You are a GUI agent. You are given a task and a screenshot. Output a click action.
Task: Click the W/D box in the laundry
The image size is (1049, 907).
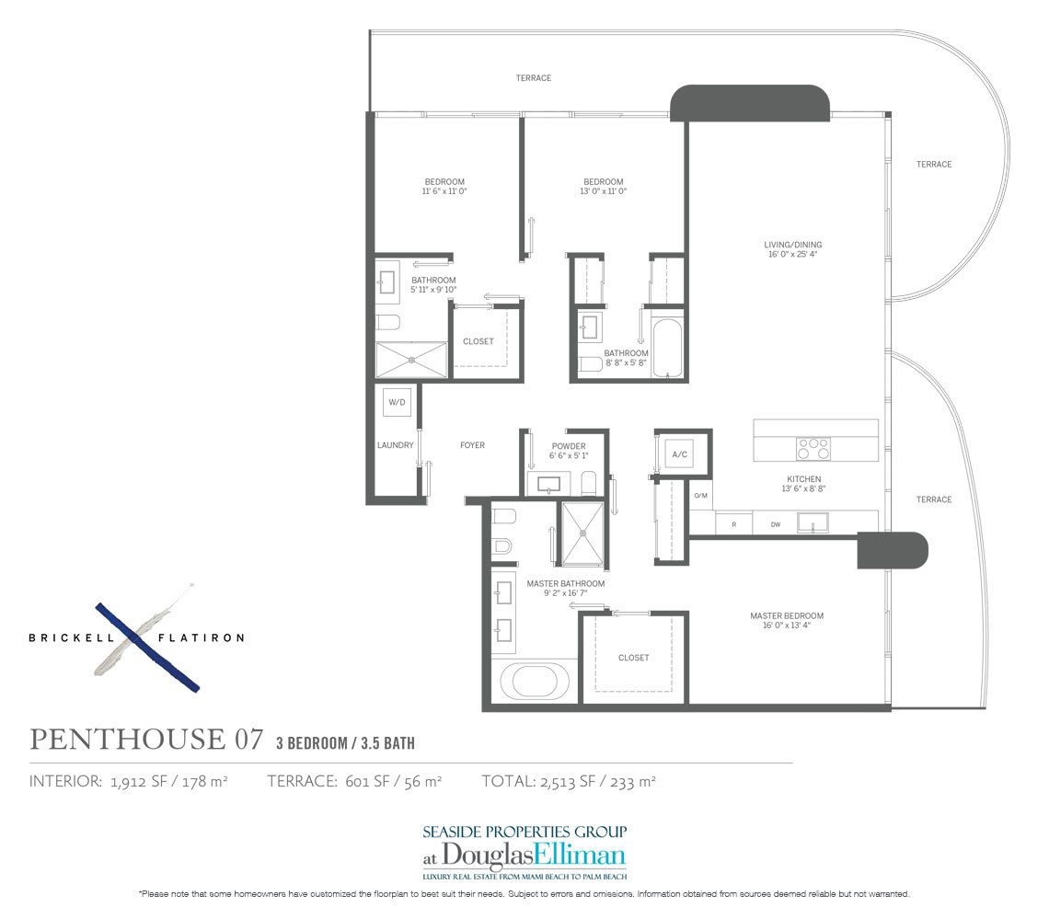(x=397, y=401)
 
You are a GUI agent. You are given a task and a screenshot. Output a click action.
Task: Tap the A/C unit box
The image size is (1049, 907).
(x=680, y=454)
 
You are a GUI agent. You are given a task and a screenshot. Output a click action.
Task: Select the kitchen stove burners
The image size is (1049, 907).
(x=813, y=448)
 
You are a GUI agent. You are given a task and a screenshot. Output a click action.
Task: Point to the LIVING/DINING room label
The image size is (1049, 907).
(x=791, y=244)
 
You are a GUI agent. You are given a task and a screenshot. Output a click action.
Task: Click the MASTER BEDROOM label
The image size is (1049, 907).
(x=786, y=615)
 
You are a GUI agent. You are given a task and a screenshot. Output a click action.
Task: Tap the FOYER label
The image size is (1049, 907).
(x=472, y=445)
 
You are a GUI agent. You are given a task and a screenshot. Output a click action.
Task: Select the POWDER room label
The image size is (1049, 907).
(x=570, y=446)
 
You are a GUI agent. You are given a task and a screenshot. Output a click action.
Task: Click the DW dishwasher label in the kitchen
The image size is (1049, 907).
(x=775, y=524)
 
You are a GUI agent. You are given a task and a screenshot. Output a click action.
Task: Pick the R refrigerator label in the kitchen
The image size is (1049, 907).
(x=733, y=524)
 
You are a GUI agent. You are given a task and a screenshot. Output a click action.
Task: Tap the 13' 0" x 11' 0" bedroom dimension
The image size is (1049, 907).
(x=604, y=192)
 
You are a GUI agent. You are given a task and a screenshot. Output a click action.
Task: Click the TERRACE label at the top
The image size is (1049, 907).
(x=533, y=78)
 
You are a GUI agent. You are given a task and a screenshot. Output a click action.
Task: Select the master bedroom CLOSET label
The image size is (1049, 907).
(x=633, y=658)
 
